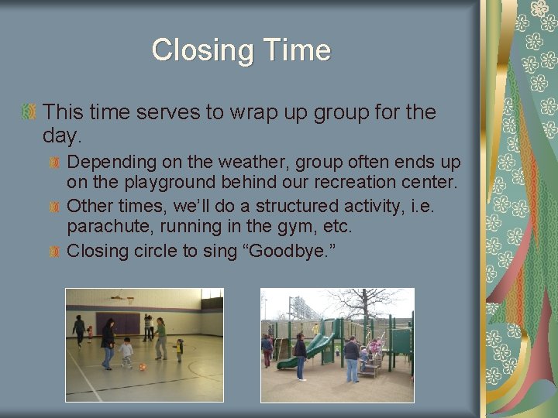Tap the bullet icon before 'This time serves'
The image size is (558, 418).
tap(29, 113)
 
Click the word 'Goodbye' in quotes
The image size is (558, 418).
tap(301, 250)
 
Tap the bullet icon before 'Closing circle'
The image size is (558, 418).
tap(55, 250)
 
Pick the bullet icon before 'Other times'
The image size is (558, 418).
tap(55, 207)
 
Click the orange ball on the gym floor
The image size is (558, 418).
tap(142, 366)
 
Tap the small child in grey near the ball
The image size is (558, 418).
tap(126, 353)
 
